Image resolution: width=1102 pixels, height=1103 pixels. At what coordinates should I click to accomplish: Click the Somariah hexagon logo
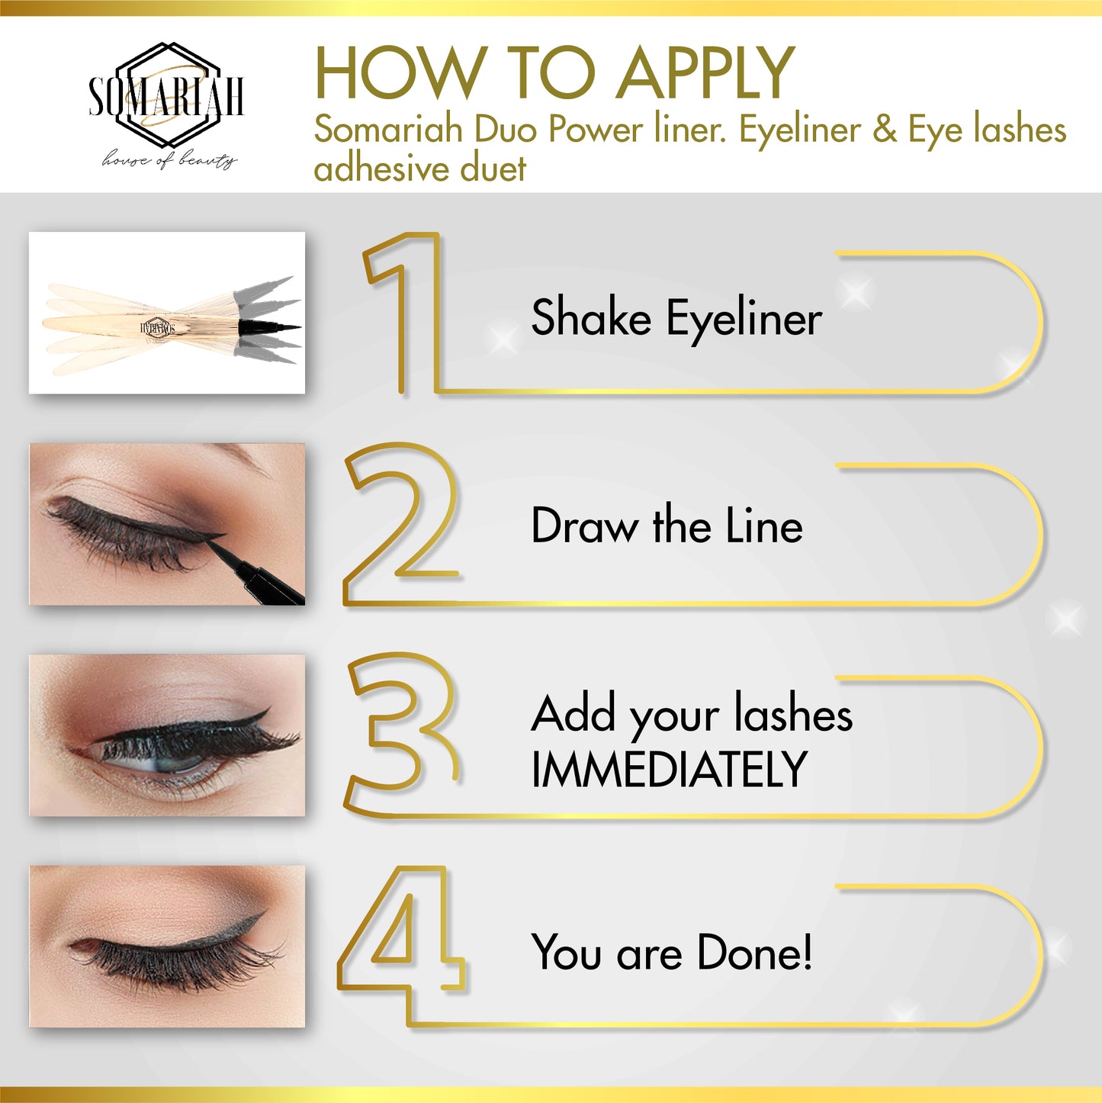[166, 95]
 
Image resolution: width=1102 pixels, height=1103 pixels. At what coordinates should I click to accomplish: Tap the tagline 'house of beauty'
[169, 159]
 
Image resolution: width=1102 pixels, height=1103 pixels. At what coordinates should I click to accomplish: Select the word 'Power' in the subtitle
[596, 130]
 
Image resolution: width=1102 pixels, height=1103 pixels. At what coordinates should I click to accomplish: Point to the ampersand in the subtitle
[885, 130]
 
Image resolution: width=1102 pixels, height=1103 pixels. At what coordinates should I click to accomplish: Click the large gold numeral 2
[400, 523]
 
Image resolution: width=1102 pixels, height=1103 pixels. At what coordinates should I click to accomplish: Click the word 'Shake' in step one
[591, 317]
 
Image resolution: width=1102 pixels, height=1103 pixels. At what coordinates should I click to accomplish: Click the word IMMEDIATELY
[669, 769]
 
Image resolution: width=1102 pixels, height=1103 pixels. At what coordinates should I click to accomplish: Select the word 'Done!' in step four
[754, 952]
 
